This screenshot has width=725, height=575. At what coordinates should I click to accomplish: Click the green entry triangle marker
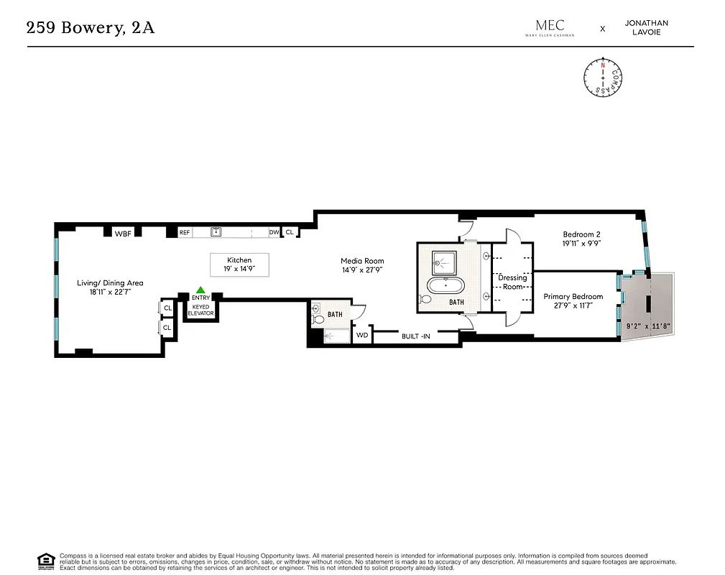click(x=201, y=289)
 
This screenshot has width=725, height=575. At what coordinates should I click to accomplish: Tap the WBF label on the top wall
click(x=123, y=233)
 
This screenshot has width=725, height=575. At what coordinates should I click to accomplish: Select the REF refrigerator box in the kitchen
click(x=185, y=232)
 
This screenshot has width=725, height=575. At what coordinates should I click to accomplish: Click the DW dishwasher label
click(x=274, y=232)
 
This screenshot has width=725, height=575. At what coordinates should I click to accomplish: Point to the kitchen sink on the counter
click(x=215, y=232)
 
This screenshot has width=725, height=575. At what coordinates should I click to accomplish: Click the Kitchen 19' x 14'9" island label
click(x=239, y=264)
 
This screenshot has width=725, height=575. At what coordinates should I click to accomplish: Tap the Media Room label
click(x=362, y=265)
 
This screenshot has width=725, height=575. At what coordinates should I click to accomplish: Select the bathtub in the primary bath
click(x=446, y=285)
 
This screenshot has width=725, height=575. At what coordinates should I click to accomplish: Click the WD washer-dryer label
click(x=362, y=335)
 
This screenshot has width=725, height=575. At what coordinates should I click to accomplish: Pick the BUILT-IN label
click(x=415, y=336)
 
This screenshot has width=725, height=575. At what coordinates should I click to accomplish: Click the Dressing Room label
click(x=512, y=282)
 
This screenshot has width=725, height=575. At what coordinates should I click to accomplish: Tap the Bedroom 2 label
click(x=581, y=239)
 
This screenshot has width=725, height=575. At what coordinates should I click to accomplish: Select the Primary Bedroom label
click(x=573, y=300)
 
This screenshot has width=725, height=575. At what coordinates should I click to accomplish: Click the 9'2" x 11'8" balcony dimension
click(x=648, y=326)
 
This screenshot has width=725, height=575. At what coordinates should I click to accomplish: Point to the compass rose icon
click(x=603, y=76)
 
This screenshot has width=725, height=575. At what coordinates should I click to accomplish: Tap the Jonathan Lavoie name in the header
click(x=646, y=28)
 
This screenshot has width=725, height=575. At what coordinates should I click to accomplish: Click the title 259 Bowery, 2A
click(x=91, y=28)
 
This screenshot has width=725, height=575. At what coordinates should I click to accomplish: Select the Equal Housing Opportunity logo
click(x=46, y=561)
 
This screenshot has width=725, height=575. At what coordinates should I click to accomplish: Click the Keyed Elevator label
click(x=200, y=310)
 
